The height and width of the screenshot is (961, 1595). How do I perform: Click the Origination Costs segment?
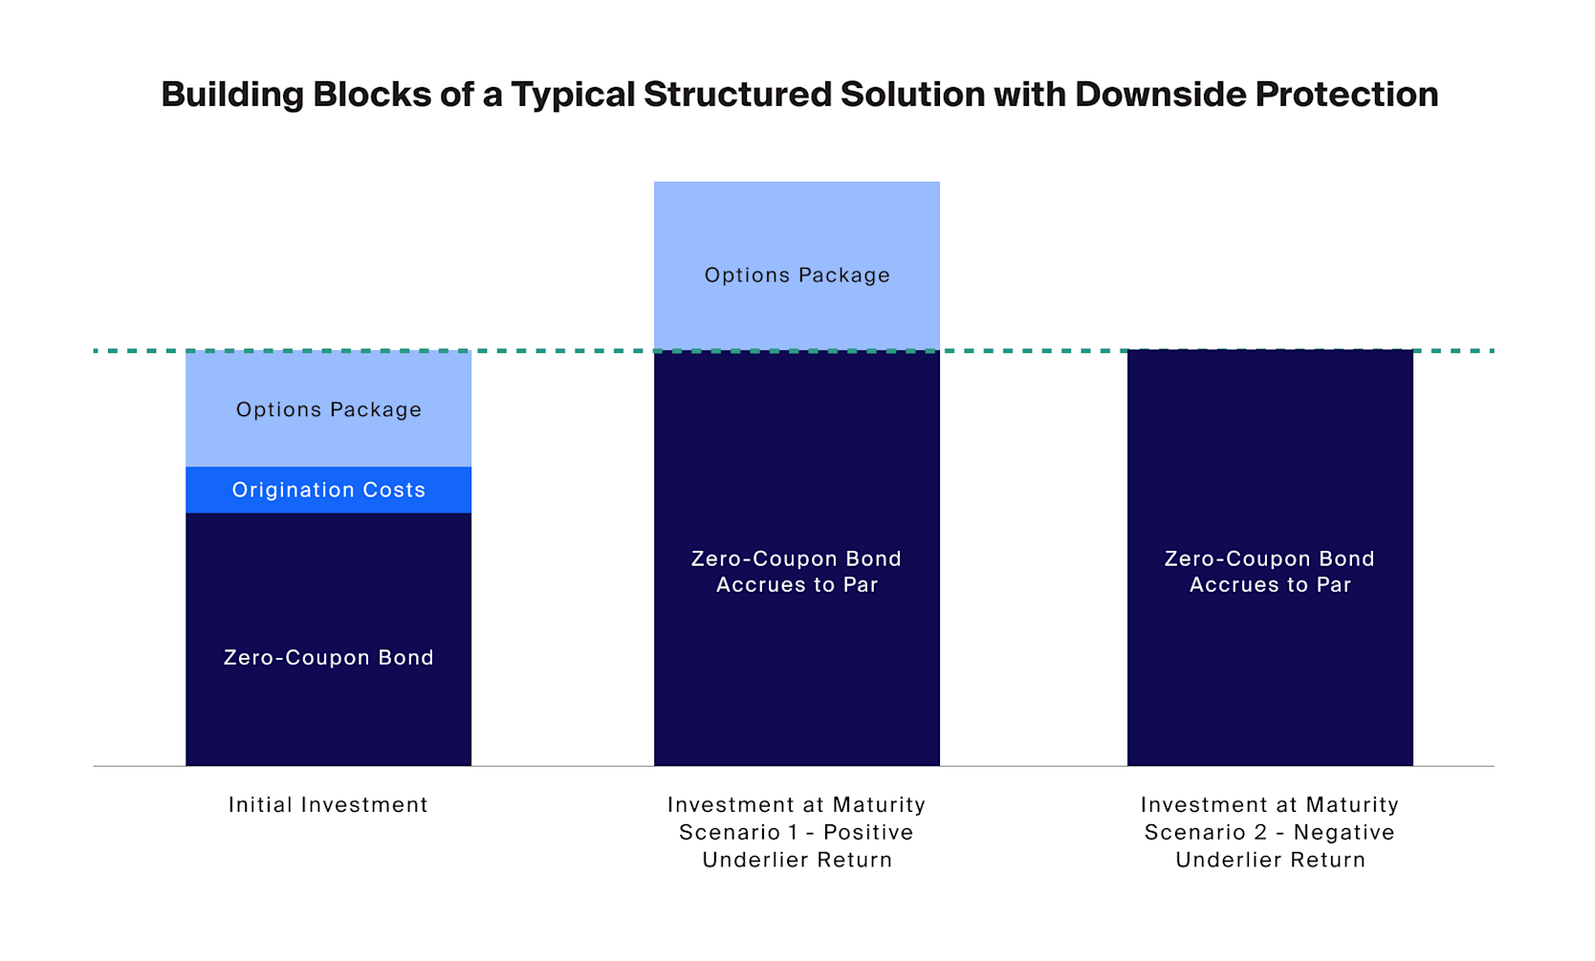coord(328,491)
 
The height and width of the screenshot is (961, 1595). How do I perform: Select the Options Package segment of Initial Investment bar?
coord(328,409)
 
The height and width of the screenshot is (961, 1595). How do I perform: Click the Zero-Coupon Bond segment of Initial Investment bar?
coord(328,658)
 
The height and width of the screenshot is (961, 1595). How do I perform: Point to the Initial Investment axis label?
coord(328,805)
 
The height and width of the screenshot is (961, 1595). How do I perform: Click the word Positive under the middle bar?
coord(868,833)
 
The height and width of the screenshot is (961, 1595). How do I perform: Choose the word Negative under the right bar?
coord(1344,833)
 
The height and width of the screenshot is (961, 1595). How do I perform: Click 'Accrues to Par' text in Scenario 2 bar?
coord(1270,585)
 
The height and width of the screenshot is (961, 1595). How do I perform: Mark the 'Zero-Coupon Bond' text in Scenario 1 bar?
coord(797,559)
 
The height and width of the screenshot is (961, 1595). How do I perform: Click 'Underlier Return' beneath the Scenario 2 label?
coord(1270,861)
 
